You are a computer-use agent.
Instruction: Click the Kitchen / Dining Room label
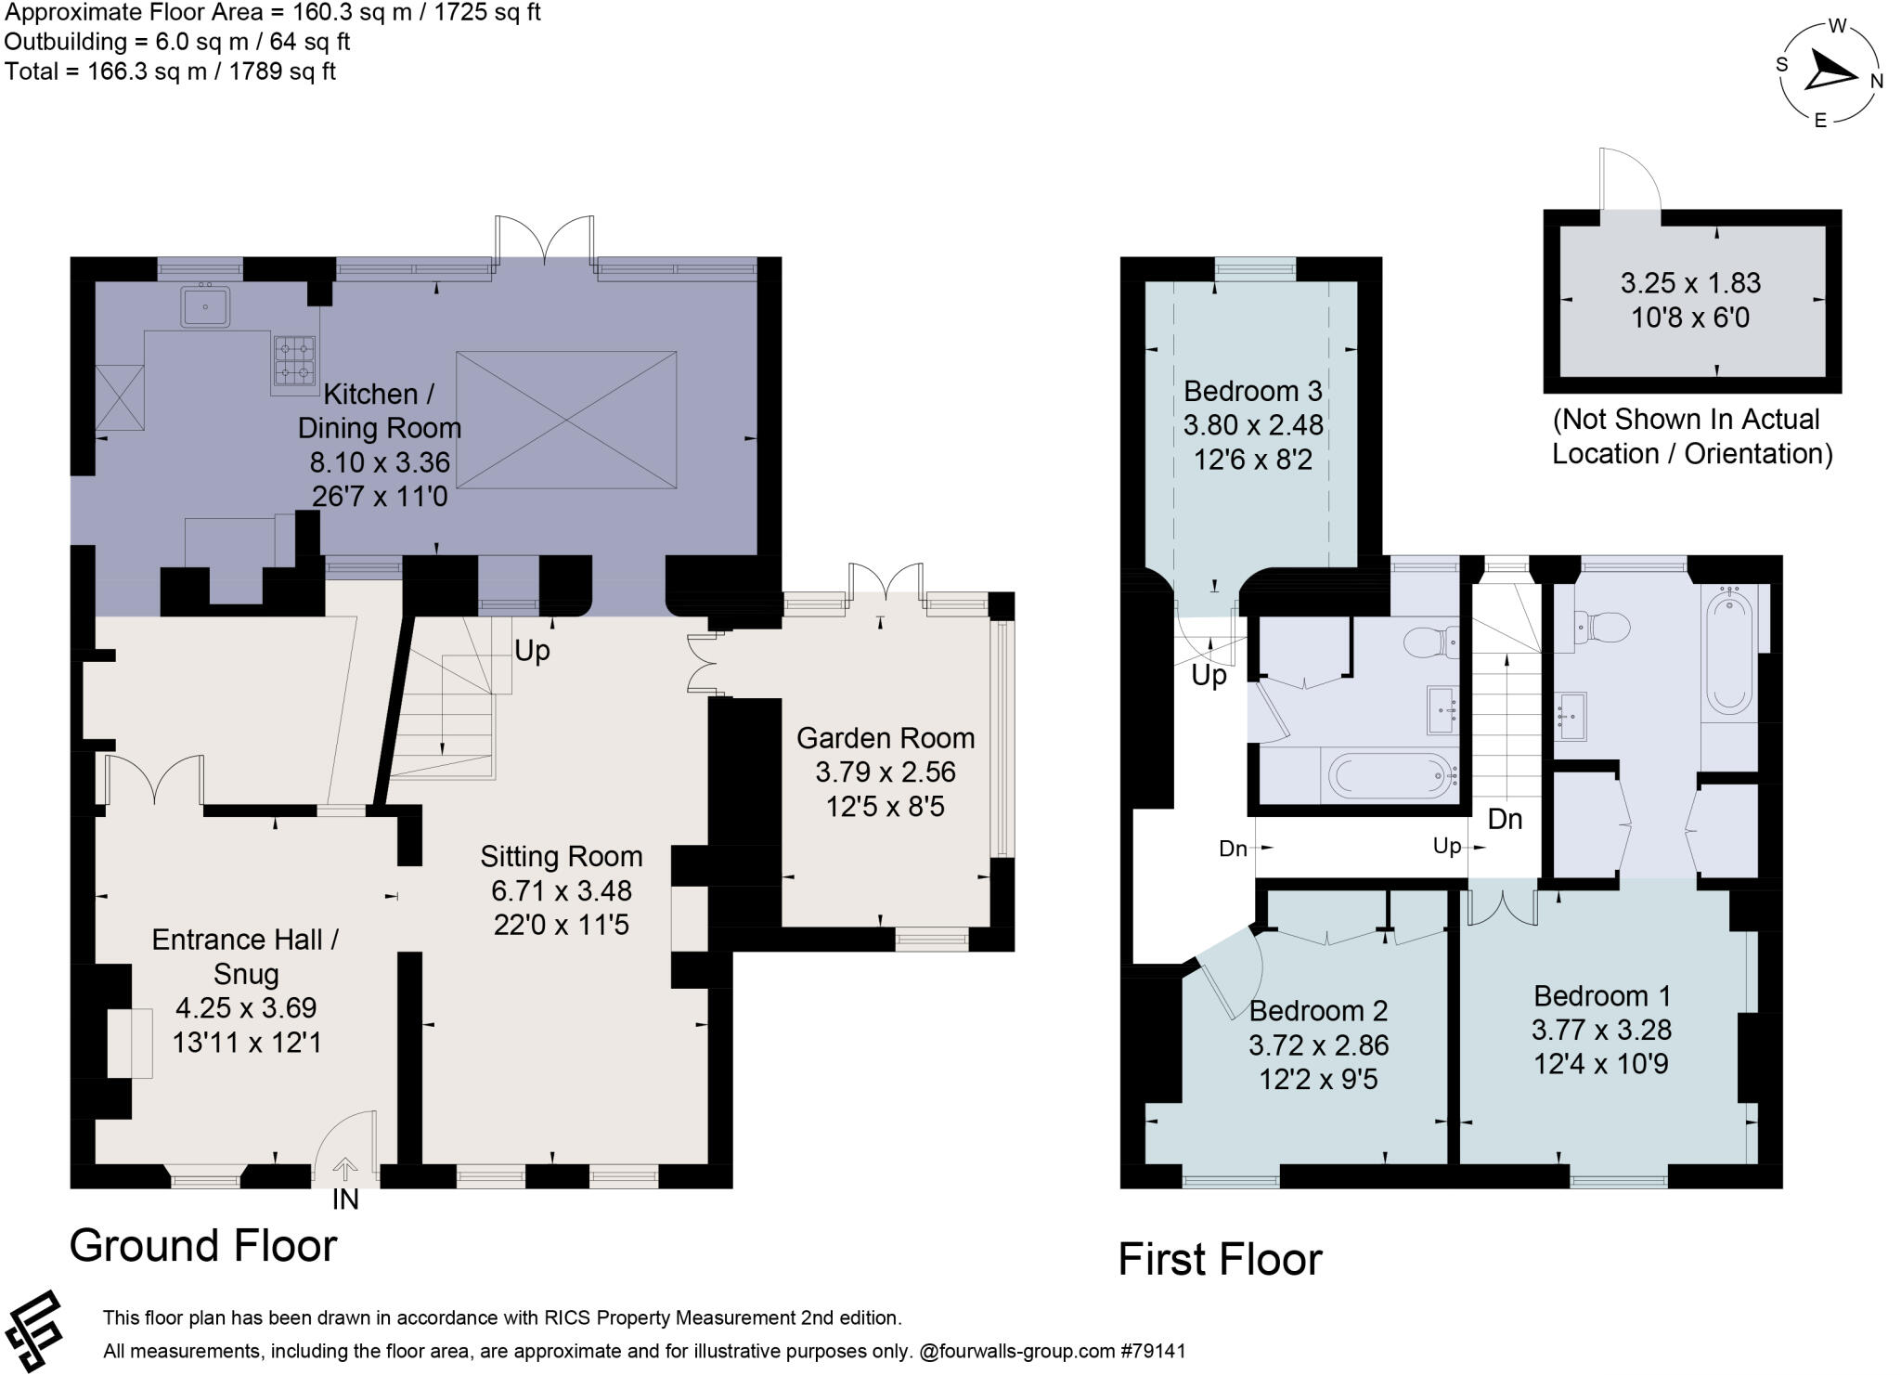[379, 410]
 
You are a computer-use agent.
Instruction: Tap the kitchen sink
[205, 306]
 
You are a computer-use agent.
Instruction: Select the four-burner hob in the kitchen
[294, 361]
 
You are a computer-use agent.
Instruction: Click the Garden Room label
[886, 738]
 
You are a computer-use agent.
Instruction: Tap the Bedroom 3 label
[1252, 391]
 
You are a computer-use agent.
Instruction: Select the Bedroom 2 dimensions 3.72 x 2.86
[1318, 1045]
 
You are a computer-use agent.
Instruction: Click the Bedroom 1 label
[1601, 996]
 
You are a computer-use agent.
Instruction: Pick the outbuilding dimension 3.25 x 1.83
[1690, 283]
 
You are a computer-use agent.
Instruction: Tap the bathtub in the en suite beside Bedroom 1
[1728, 654]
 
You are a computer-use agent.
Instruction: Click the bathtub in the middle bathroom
[1390, 775]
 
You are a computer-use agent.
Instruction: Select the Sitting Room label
[561, 856]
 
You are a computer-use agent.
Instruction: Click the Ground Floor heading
[202, 1245]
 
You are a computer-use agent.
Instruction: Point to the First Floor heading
[1219, 1259]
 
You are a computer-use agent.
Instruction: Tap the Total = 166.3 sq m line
[170, 71]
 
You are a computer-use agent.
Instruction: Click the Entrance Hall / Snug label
[245, 956]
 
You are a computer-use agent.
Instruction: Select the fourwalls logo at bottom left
[34, 1331]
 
